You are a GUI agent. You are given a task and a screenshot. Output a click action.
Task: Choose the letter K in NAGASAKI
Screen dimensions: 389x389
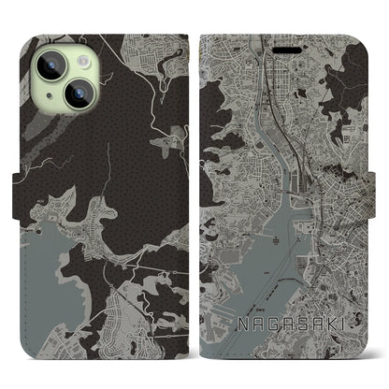(324, 327)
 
